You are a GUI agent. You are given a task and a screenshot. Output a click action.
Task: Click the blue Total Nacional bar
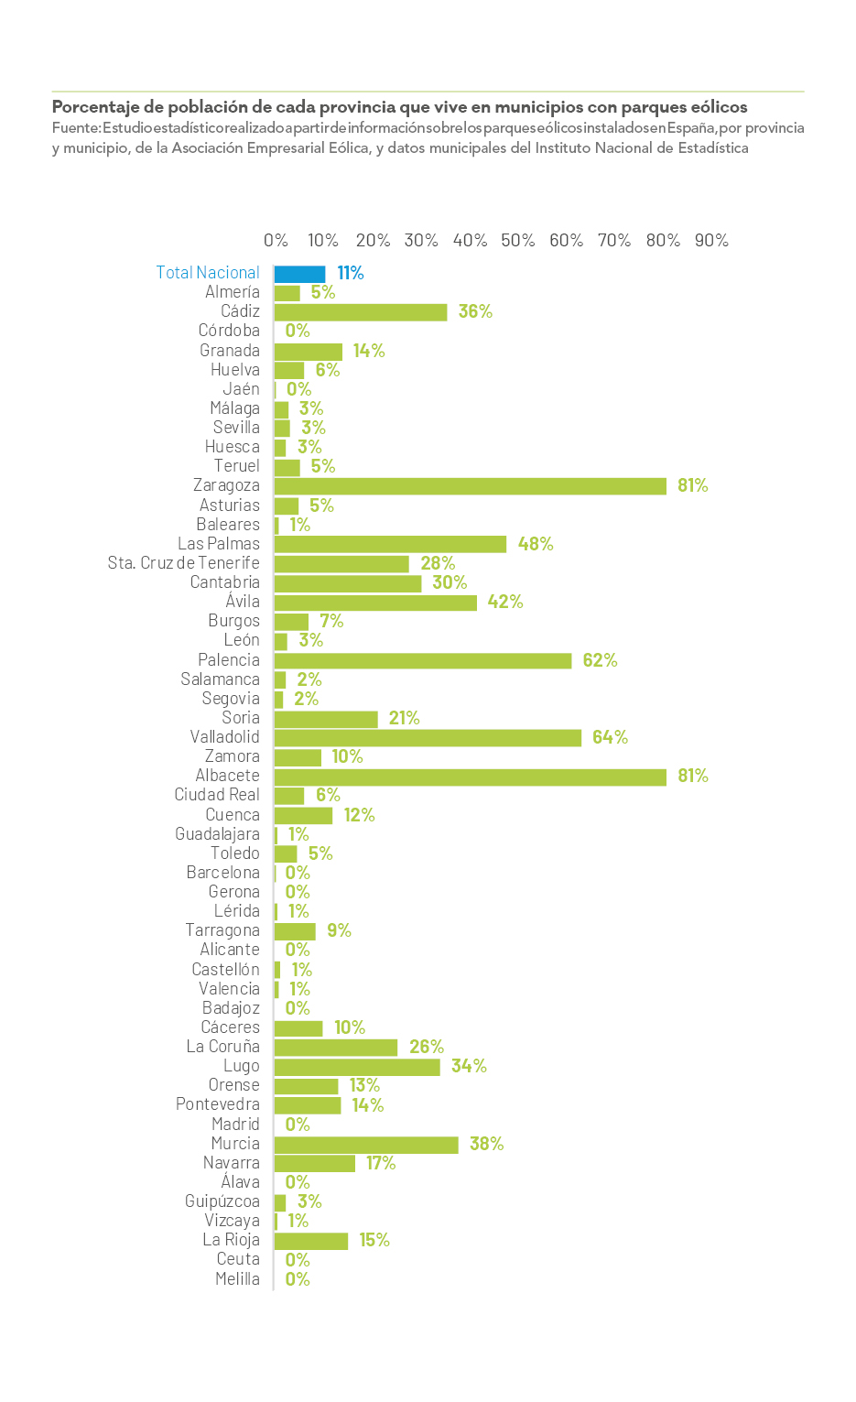tap(299, 274)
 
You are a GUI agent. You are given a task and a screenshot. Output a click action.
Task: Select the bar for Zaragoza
tap(470, 486)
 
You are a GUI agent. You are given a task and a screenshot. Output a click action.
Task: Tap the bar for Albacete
tap(470, 777)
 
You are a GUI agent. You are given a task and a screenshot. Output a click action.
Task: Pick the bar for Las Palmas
tap(390, 544)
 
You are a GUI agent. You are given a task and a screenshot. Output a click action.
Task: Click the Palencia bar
tap(422, 660)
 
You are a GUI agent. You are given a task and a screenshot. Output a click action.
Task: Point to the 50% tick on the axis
tap(517, 241)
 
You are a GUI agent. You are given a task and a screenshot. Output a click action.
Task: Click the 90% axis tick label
tap(711, 241)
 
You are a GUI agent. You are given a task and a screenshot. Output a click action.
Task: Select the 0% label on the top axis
tap(276, 241)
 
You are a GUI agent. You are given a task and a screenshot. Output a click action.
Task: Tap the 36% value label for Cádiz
tap(475, 311)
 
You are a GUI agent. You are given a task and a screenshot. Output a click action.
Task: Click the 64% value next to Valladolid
tap(610, 737)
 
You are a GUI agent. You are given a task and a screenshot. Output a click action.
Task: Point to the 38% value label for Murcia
tap(486, 1144)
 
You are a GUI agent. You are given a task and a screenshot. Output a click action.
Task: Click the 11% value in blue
tap(351, 273)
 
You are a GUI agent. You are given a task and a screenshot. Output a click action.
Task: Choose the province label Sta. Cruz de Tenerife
tap(183, 563)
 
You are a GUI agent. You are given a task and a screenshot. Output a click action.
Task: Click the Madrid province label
tap(235, 1125)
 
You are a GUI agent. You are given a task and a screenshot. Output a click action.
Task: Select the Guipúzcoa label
tap(222, 1201)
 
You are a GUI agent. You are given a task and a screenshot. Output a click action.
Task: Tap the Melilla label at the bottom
tap(237, 1279)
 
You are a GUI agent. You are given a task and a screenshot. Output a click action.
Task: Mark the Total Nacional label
tap(208, 273)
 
